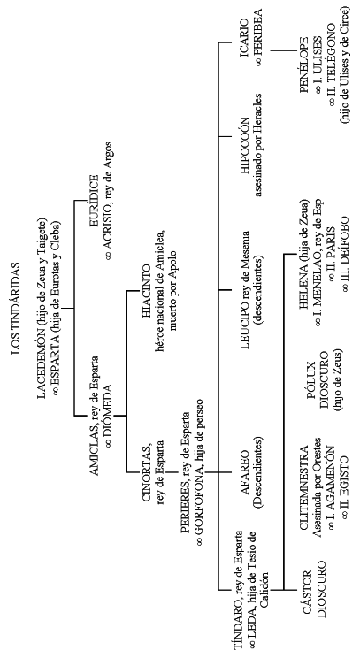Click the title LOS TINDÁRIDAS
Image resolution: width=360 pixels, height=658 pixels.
coord(17,309)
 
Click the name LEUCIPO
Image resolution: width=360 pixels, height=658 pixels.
coord(246,317)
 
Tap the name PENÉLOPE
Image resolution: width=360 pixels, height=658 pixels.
coord(304,65)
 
